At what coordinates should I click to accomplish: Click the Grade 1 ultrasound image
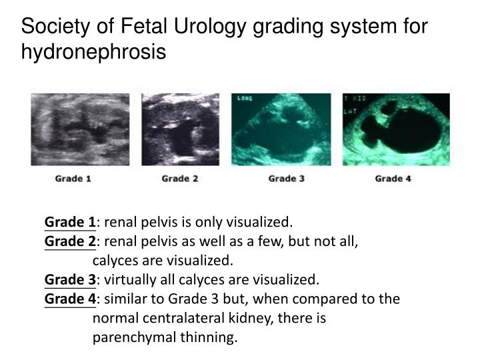pyautogui.click(x=70, y=129)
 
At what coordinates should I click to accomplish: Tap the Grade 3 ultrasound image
pyautogui.click(x=282, y=129)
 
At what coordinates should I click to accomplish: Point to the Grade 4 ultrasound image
pyautogui.click(x=396, y=129)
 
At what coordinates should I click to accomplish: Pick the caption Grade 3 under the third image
pyautogui.click(x=282, y=178)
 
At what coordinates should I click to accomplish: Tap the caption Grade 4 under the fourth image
pyautogui.click(x=389, y=178)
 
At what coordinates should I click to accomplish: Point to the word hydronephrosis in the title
pyautogui.click(x=93, y=51)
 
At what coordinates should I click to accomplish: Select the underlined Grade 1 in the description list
pyautogui.click(x=70, y=222)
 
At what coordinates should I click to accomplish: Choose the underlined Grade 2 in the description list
pyautogui.click(x=70, y=241)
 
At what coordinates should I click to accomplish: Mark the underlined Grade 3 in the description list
pyautogui.click(x=70, y=279)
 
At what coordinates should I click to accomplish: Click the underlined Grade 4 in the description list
pyautogui.click(x=70, y=299)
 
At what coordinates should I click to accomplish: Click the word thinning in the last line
pyautogui.click(x=213, y=337)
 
